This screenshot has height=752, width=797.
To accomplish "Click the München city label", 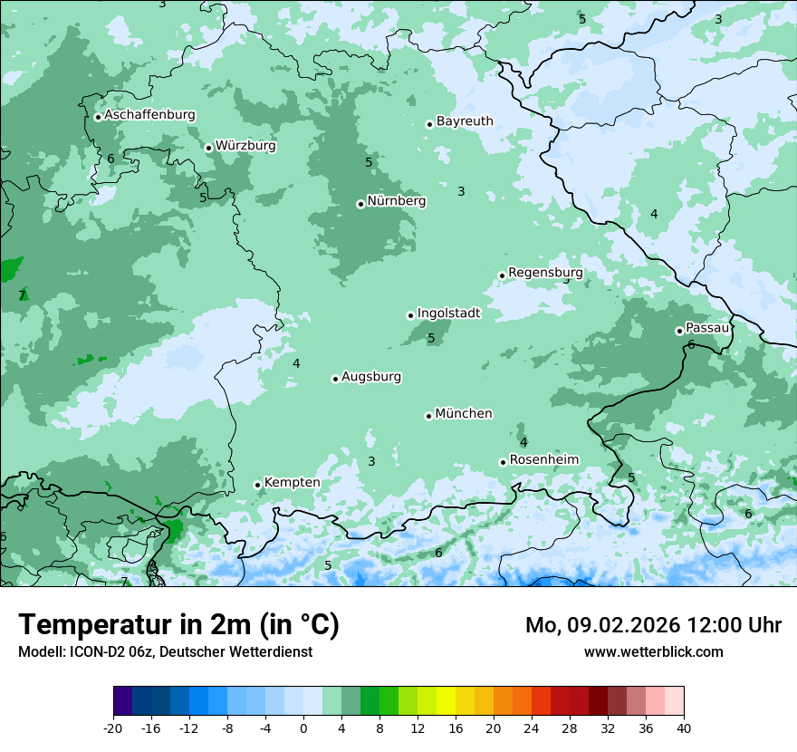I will tap(464, 414).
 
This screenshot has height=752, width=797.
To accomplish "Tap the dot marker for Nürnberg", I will tap(360, 204).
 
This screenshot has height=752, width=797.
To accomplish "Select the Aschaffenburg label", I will tap(149, 115).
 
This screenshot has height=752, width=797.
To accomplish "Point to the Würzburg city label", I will tap(245, 146).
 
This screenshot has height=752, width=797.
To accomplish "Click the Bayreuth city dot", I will tap(429, 124).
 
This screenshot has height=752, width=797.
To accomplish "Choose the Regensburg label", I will tap(545, 273).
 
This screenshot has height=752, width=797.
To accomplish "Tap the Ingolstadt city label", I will tap(448, 313).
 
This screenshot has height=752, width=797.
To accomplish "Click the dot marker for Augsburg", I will tap(335, 379).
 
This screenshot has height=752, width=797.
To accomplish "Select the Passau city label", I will tap(706, 328).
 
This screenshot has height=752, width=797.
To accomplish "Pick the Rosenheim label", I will tap(543, 460).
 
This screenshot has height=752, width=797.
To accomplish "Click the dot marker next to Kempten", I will tap(257, 485).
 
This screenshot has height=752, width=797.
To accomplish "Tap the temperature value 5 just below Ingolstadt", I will tap(431, 339).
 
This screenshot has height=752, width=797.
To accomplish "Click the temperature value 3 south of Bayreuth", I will tap(461, 191).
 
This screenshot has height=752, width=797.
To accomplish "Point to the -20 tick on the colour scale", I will tap(113, 728).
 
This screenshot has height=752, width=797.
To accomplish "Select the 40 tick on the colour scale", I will tap(684, 728).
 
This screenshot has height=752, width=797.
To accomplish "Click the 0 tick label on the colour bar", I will tap(303, 728).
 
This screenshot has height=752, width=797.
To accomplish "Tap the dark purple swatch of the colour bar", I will tap(122, 701).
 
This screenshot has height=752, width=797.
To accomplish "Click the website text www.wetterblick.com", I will tap(653, 651).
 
